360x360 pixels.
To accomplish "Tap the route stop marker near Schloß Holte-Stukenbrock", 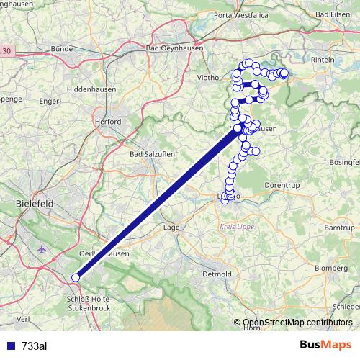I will [x=76, y=278].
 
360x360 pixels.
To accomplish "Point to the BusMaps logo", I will [x=325, y=345].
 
